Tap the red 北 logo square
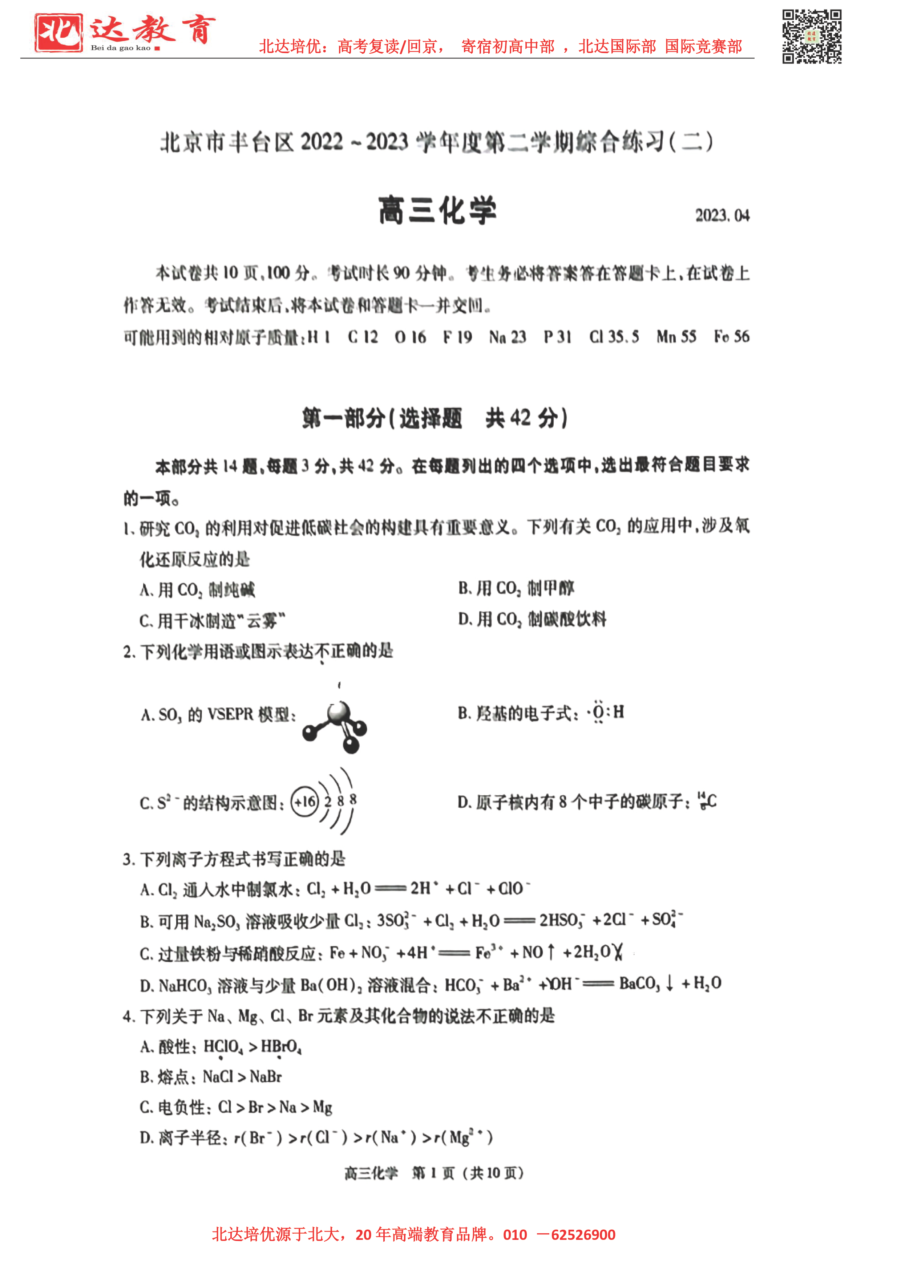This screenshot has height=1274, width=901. tap(58, 33)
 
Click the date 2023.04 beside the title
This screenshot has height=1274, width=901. tap(722, 215)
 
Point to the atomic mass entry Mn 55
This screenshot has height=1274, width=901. tap(676, 337)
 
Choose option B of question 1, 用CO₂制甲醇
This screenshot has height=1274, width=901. tap(516, 588)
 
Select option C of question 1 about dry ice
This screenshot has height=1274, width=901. tap(212, 620)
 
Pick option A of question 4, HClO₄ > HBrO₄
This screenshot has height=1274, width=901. tap(221, 1047)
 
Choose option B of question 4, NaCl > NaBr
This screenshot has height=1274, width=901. tap(211, 1077)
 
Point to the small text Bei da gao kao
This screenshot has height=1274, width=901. tap(121, 48)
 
